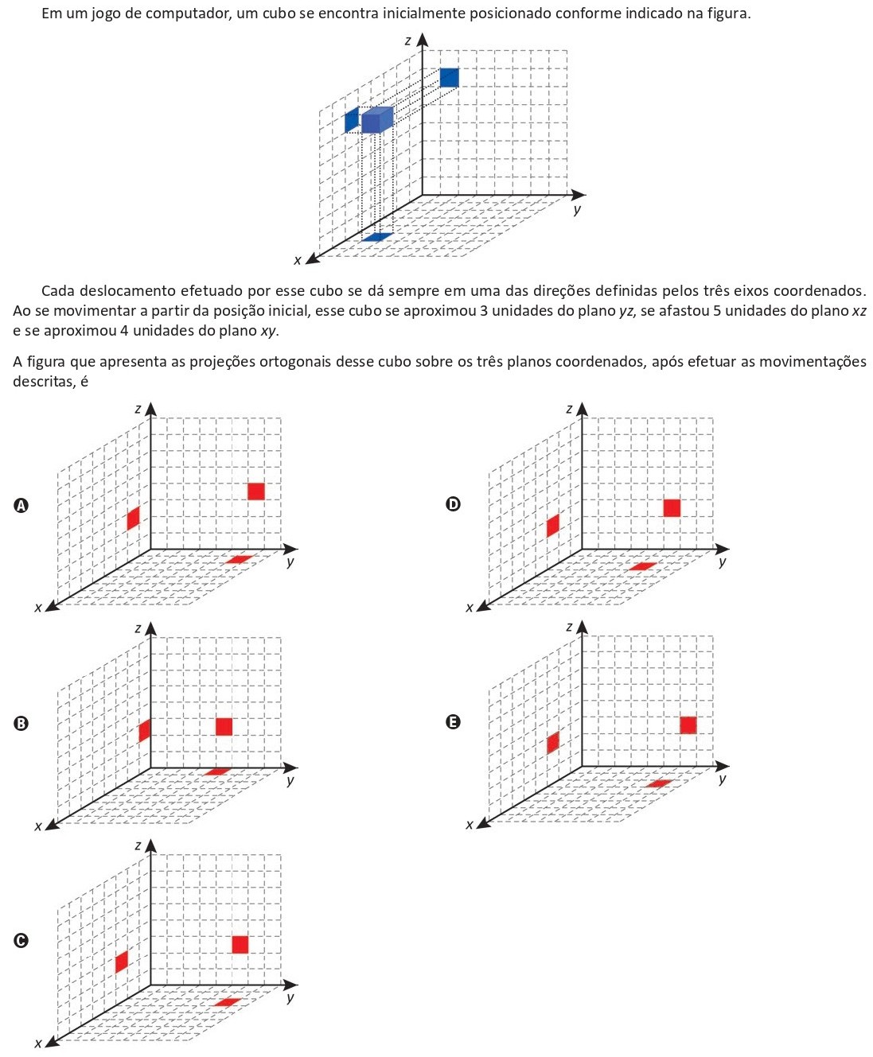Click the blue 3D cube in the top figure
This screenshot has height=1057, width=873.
click(376, 120)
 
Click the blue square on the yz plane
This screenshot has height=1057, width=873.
click(449, 77)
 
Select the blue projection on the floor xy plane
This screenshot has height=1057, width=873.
click(377, 237)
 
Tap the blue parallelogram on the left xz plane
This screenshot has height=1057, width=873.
click(351, 119)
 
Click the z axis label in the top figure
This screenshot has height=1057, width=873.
click(407, 41)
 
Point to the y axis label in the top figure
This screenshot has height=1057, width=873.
click(577, 210)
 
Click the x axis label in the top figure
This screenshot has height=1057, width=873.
click(298, 260)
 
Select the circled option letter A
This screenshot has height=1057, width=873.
click(21, 505)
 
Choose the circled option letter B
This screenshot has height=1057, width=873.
click(21, 724)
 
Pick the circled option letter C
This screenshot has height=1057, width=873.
click(21, 941)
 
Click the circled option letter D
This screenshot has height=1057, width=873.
click(453, 504)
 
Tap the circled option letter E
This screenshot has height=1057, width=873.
click(453, 722)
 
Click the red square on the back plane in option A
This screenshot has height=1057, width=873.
click(255, 492)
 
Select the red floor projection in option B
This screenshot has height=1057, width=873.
click(217, 771)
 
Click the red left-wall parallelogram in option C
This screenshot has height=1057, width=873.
click(121, 962)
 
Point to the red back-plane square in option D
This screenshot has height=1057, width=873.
click(672, 507)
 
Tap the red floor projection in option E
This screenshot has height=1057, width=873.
click(659, 783)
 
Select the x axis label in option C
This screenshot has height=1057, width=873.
click(37, 1043)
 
